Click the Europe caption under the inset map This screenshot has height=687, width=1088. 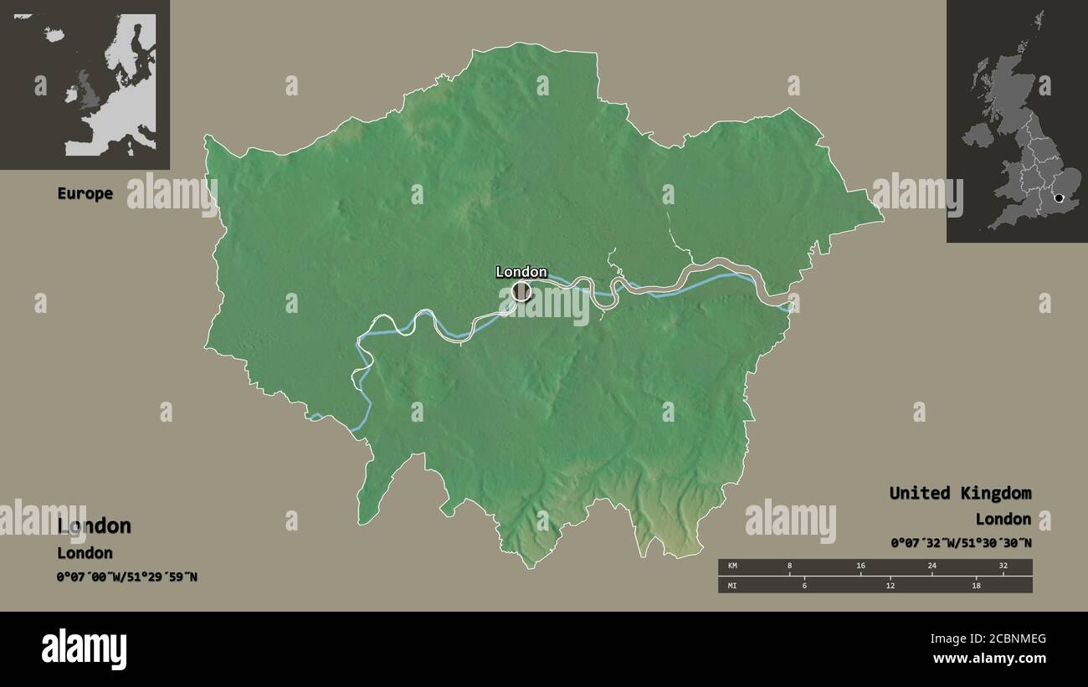[85, 193]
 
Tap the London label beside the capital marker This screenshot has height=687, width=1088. [521, 272]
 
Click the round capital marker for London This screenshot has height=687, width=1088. [521, 291]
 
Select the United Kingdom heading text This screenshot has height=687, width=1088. [960, 493]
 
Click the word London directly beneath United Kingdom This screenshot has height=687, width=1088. [1003, 519]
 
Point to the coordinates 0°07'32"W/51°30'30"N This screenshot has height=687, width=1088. [961, 543]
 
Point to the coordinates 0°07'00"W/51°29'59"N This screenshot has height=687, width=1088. [127, 577]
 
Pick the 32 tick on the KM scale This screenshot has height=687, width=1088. [1003, 567]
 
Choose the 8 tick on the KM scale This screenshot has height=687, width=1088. [789, 567]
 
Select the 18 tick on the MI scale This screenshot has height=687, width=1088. [976, 584]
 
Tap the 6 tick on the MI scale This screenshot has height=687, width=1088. [804, 584]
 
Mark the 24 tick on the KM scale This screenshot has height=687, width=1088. [931, 567]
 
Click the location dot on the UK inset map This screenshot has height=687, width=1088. [1059, 198]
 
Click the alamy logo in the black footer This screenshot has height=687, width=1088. [85, 649]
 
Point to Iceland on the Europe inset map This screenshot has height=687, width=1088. [55, 35]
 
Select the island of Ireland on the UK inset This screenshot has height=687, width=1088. [976, 134]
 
